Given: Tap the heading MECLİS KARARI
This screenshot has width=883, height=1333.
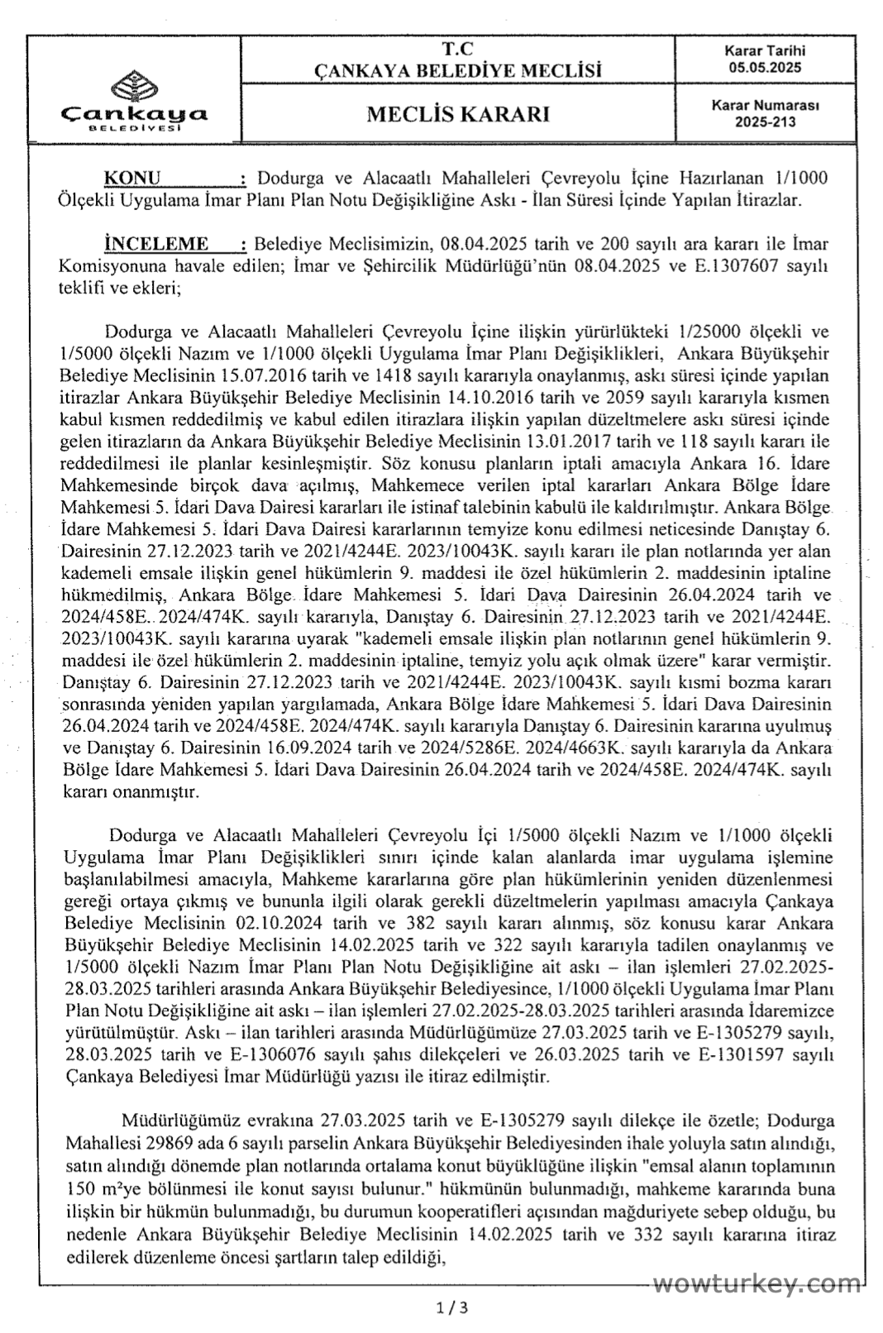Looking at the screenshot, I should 458,114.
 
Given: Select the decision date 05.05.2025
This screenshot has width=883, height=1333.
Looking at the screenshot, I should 765,68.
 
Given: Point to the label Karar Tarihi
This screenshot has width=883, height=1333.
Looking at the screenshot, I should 765,51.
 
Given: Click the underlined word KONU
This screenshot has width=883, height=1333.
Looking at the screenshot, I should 132,178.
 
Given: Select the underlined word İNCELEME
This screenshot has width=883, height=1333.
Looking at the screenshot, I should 155,244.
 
